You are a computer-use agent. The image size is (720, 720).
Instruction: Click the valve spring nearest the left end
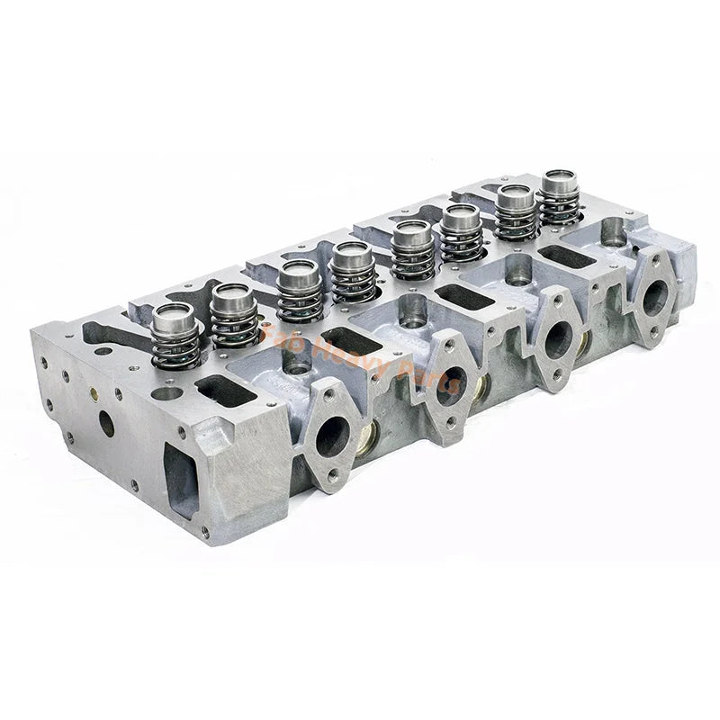[x=175, y=337]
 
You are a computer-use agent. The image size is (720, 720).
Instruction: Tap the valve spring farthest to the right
[x=560, y=197]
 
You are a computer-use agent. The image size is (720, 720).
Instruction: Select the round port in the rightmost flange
[x=654, y=297]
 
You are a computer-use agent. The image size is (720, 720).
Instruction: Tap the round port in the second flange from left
[x=450, y=385]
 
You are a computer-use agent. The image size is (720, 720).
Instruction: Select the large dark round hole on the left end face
[x=106, y=422]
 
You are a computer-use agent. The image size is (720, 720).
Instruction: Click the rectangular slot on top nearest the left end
[x=218, y=390]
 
